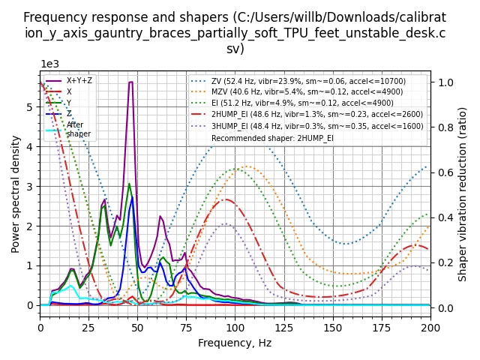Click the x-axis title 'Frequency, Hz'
pyautogui.click(x=235, y=343)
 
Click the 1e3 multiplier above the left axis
pyautogui.click(x=49, y=64)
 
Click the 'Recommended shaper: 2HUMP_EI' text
pyautogui.click(x=272, y=138)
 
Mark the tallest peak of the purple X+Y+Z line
pyautogui.click(x=130, y=82)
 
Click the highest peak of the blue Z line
pyautogui.click(x=133, y=196)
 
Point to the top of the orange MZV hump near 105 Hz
pyautogui.click(x=247, y=166)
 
